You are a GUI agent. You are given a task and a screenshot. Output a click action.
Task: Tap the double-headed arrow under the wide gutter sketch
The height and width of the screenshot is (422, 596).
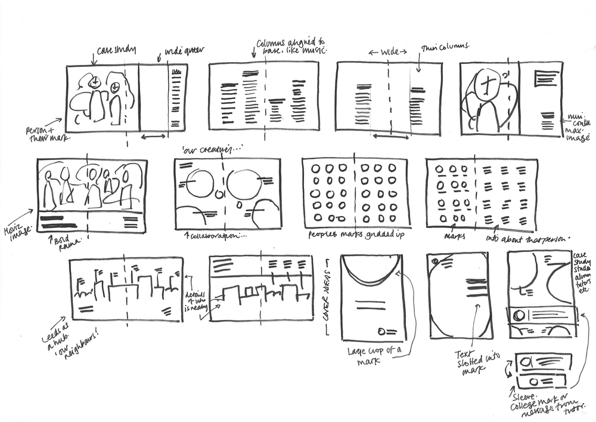[x=154, y=138]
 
